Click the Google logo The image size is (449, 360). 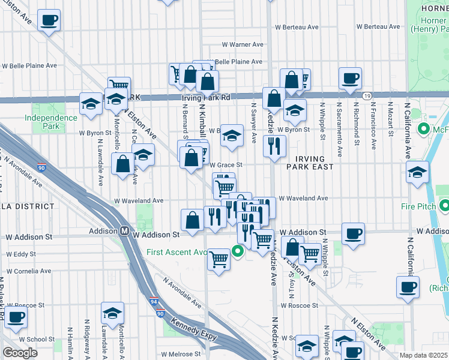pos(20,353)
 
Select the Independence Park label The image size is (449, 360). pos(51,122)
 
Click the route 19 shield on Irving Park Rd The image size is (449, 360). pos(366,96)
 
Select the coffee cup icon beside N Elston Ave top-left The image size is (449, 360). pos(49,20)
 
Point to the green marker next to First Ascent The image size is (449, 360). pos(238,252)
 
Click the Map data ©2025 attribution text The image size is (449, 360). pos(424,355)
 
